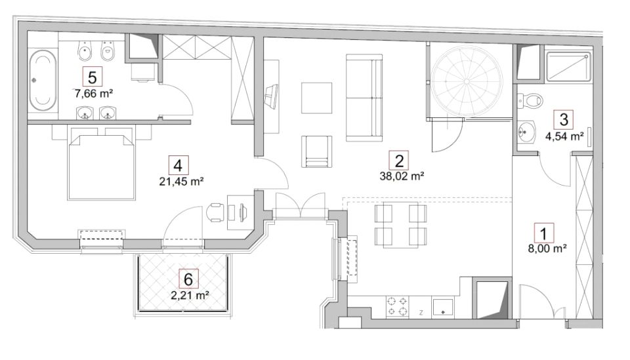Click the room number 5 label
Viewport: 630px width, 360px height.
click(93, 76)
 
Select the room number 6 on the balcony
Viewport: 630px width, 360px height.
click(188, 279)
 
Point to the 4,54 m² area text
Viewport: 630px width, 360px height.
click(564, 136)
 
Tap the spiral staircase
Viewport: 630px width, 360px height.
click(467, 81)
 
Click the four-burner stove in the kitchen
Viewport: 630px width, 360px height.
click(397, 307)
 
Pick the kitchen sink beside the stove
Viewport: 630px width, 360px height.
click(443, 308)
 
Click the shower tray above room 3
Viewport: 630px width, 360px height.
click(569, 68)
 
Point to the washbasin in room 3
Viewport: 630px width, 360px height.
click(526, 131)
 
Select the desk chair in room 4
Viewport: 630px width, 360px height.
click(216, 212)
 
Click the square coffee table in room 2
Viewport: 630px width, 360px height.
click(316, 98)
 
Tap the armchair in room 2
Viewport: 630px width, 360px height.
click(316, 151)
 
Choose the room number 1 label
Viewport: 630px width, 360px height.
click(544, 233)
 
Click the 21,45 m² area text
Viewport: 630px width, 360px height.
click(182, 182)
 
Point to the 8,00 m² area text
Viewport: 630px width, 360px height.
click(547, 249)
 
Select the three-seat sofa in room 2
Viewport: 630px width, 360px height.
click(364, 98)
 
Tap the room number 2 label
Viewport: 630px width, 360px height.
click(399, 161)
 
